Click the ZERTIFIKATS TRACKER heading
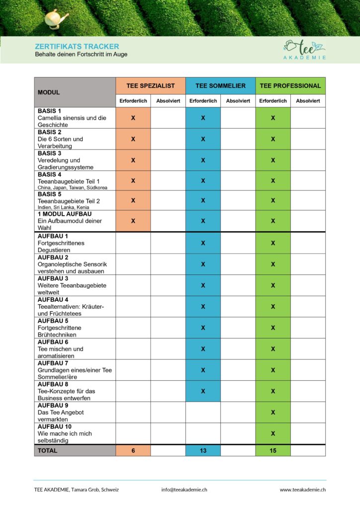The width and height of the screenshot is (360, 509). click(77, 46)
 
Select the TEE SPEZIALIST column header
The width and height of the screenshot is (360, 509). click(151, 85)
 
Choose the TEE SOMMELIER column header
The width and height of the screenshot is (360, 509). click(220, 85)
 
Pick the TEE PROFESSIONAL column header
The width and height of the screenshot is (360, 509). click(290, 85)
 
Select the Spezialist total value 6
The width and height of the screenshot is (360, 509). click(133, 450)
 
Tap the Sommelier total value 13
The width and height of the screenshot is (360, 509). click(203, 450)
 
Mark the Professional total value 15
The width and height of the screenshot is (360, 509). click(273, 450)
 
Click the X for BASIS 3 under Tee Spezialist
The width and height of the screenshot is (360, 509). click(133, 160)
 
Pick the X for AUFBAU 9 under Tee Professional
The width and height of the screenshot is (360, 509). click(273, 412)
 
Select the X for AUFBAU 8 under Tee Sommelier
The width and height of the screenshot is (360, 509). click(203, 391)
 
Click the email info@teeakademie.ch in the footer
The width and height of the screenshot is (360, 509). click(184, 490)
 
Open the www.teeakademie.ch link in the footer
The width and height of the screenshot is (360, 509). click(302, 490)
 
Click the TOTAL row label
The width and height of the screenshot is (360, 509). click(48, 450)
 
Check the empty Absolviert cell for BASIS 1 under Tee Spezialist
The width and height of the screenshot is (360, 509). click(168, 118)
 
